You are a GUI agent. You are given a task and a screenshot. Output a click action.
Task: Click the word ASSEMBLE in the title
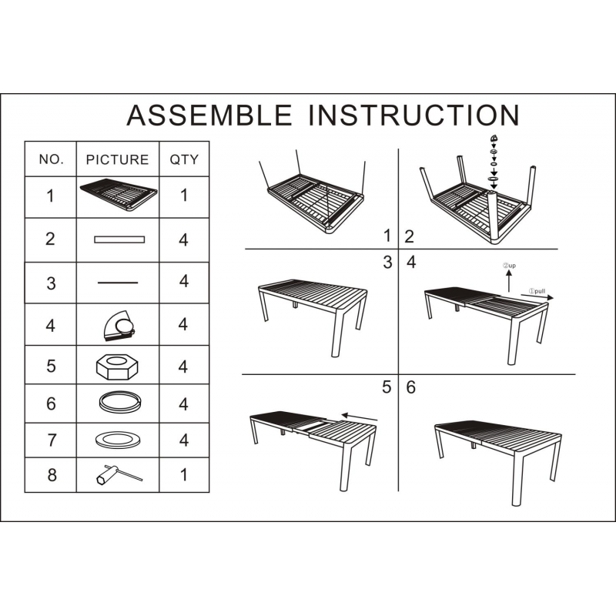[209, 115]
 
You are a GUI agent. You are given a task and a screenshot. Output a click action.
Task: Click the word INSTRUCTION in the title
[414, 115]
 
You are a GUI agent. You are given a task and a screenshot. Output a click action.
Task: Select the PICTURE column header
[118, 159]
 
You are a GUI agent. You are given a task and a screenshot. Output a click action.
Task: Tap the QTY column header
[184, 159]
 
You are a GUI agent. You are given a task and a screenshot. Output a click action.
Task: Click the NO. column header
[51, 159]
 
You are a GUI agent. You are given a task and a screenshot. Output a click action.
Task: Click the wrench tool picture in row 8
[119, 474]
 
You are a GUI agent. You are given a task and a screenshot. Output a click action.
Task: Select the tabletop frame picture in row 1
[119, 195]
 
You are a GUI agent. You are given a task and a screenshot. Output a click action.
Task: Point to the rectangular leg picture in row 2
[119, 239]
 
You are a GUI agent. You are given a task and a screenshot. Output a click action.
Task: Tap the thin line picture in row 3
[118, 283]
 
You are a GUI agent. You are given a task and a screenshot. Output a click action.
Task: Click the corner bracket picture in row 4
[119, 325]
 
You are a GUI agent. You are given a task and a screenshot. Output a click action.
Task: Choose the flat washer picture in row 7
[118, 439]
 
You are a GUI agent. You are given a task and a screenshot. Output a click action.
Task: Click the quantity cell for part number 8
[184, 474]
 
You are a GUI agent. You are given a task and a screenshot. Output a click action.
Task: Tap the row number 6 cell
[51, 403]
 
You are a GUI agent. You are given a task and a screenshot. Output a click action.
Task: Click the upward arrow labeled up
[509, 281]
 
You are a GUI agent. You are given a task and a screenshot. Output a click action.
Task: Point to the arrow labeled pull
[537, 296]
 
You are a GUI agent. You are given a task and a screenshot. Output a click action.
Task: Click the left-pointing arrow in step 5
[360, 417]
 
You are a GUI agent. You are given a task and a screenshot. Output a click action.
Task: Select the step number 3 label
[388, 263]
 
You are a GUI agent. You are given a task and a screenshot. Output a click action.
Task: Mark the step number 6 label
[410, 387]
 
